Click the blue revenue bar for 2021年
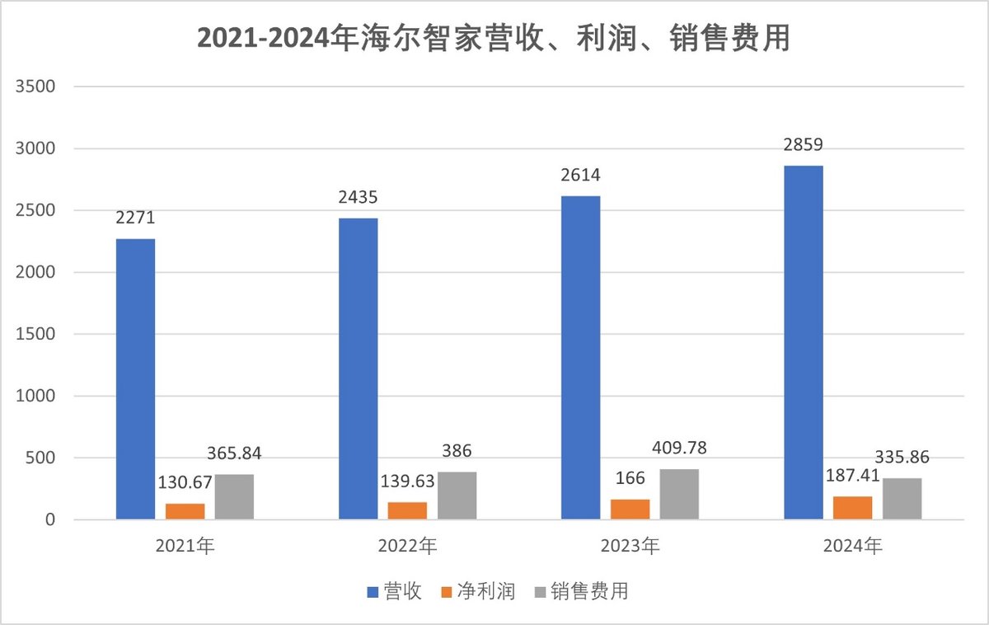(135, 379)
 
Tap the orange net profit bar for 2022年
(407, 510)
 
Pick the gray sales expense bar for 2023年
(679, 494)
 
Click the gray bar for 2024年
(902, 499)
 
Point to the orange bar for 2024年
(852, 508)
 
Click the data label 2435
(358, 198)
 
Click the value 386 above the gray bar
(456, 451)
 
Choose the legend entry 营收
(394, 591)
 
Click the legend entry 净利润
(480, 591)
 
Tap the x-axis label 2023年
(630, 546)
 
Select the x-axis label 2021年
(185, 546)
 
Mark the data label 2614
(580, 176)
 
